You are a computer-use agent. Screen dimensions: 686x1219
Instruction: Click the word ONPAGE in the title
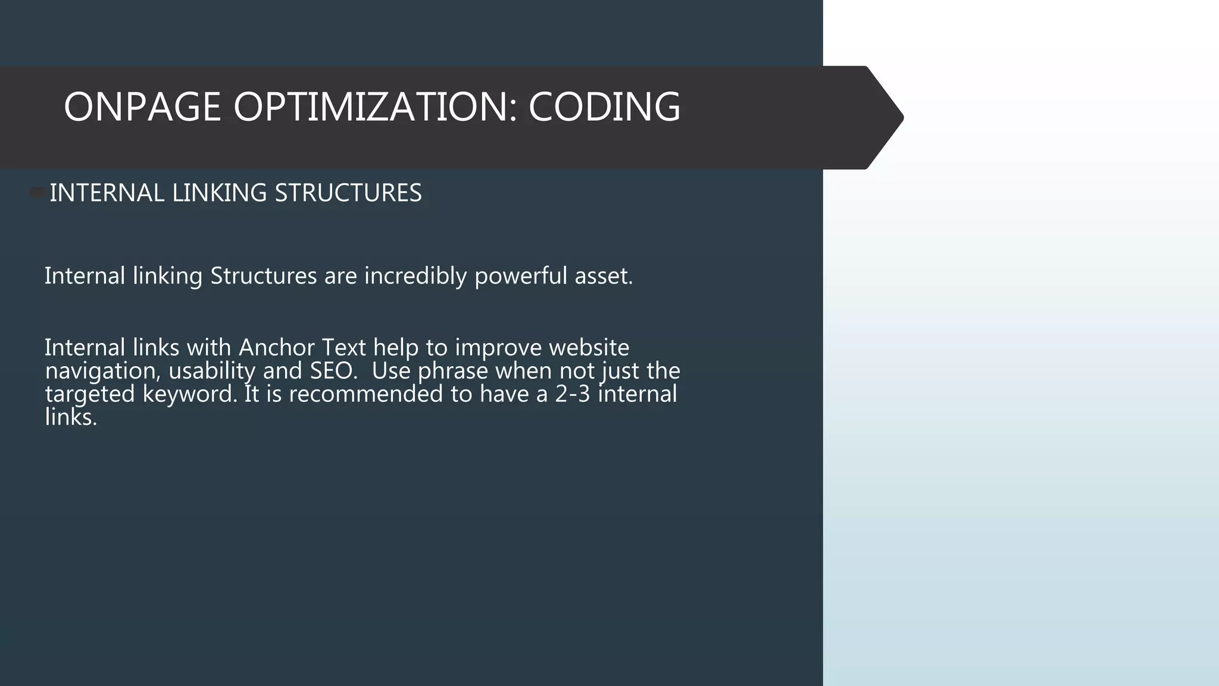142,107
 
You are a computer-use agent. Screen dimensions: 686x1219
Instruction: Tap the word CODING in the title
604,107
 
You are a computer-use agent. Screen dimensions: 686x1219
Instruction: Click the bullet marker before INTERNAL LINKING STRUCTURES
37,192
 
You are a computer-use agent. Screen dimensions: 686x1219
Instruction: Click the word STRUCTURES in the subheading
348,193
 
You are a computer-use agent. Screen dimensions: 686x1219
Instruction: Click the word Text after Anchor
343,347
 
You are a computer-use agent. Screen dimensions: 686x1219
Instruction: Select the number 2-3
572,394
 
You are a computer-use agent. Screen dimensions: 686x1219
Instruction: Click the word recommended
365,394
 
